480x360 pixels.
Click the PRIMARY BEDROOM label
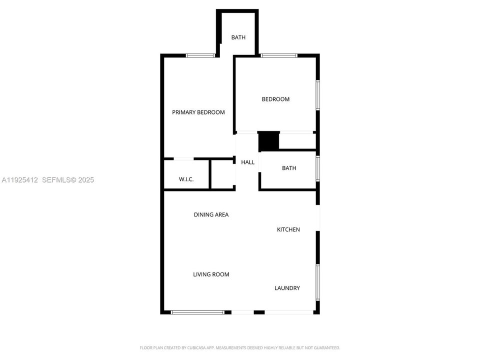(x=198, y=112)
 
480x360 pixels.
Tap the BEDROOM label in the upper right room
(x=275, y=99)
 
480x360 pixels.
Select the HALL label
(x=247, y=162)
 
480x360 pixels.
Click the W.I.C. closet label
(x=186, y=179)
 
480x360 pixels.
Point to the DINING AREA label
(x=211, y=214)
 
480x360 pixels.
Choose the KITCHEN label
(x=288, y=229)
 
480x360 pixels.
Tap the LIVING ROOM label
(x=211, y=274)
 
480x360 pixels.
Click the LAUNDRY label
(x=287, y=288)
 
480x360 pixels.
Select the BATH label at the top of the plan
(x=238, y=37)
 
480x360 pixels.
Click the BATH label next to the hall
(x=289, y=168)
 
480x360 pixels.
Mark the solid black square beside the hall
(x=269, y=141)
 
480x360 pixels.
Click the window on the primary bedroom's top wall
(x=200, y=55)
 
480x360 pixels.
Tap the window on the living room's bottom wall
(x=197, y=312)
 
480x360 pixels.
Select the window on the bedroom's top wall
(x=278, y=55)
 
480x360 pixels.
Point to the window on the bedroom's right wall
(x=318, y=95)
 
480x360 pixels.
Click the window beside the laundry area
(x=318, y=282)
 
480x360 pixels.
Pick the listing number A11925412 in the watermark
(x=20, y=180)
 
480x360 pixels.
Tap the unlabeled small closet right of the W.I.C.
(x=222, y=174)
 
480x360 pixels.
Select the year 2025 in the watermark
(x=86, y=180)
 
